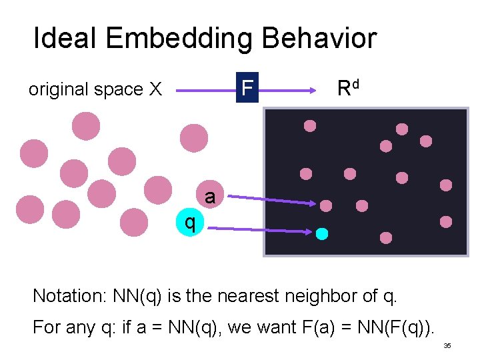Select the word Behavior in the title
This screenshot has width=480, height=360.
coord(319,39)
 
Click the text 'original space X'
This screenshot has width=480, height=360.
coord(95,89)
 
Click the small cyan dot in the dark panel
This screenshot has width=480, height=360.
coord(322,233)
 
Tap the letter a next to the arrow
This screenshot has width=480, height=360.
coord(210,197)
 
